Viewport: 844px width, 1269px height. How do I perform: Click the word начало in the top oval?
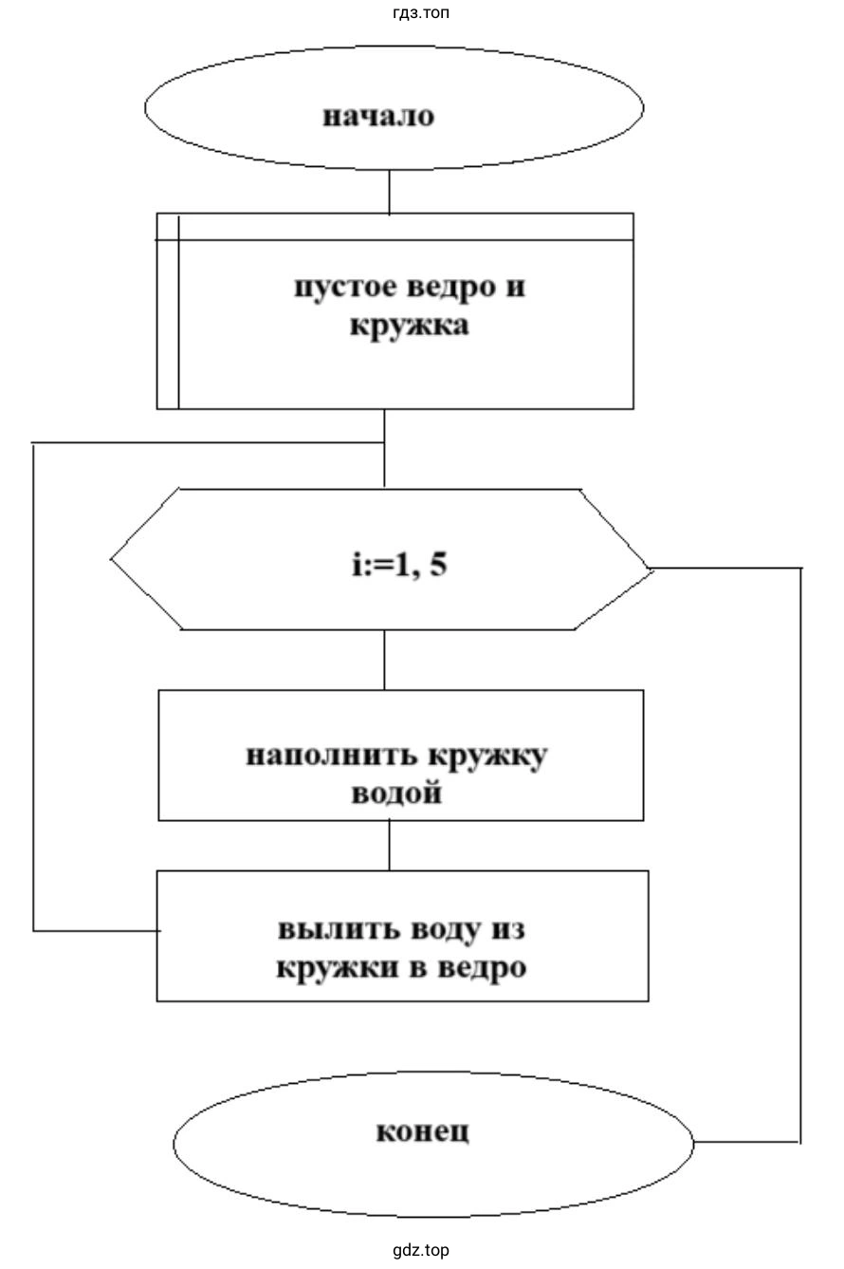pyautogui.click(x=378, y=116)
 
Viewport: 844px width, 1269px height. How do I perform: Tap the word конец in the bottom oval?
pyautogui.click(x=422, y=1131)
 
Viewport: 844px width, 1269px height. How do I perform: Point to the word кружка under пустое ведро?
pyautogui.click(x=409, y=327)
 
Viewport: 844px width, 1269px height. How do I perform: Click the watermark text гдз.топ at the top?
pyautogui.click(x=420, y=12)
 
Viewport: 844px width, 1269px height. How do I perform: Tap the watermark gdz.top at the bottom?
pyautogui.click(x=421, y=1250)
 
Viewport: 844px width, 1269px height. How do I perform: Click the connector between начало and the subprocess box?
pyautogui.click(x=389, y=192)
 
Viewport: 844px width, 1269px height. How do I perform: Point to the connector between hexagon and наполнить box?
pyautogui.click(x=384, y=660)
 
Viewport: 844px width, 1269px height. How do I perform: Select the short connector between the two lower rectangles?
pyautogui.click(x=389, y=845)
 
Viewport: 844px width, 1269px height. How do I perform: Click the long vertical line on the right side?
pyautogui.click(x=801, y=854)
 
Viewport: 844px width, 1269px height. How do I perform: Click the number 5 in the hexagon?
pyautogui.click(x=438, y=566)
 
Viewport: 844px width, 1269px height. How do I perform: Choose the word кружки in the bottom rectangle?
pyautogui.click(x=326, y=969)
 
